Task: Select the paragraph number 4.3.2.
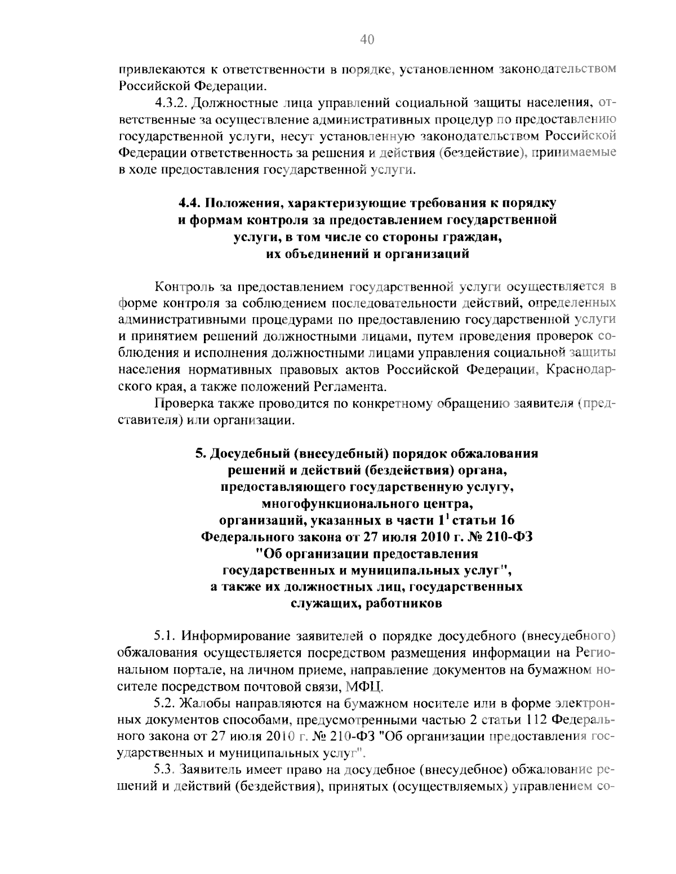pos(170,103)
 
